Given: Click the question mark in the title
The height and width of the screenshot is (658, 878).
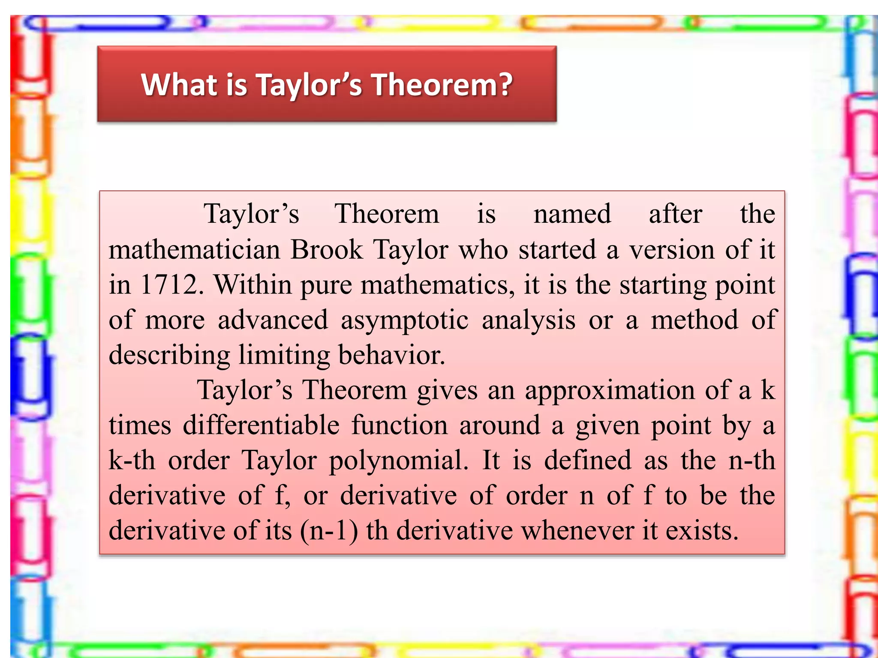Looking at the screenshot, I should pos(505,84).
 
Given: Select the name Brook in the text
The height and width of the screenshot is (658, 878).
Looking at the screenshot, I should pos(327,250).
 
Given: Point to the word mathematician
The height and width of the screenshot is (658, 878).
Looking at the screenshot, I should pos(194,250).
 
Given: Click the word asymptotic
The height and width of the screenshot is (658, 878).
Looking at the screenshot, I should pos(404,320).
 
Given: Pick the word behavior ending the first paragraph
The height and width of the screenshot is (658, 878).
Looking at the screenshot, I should pos(391,356).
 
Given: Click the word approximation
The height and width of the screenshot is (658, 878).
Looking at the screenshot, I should pos(610,391).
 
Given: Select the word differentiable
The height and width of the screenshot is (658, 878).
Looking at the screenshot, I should pos(261,426).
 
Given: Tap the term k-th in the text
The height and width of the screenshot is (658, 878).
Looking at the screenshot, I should pos(132,461).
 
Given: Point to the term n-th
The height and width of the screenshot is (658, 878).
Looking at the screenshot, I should pos(752,461).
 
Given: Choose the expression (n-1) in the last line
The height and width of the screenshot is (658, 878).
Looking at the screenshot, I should pos(329,531).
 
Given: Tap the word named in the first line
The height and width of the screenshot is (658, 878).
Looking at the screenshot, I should pos(572,215).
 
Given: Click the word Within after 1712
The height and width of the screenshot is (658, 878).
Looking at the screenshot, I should pos(253,285).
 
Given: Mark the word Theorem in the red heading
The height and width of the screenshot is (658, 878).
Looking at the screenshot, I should pos(442,84).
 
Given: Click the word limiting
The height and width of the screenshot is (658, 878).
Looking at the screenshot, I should pos(284,356).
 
